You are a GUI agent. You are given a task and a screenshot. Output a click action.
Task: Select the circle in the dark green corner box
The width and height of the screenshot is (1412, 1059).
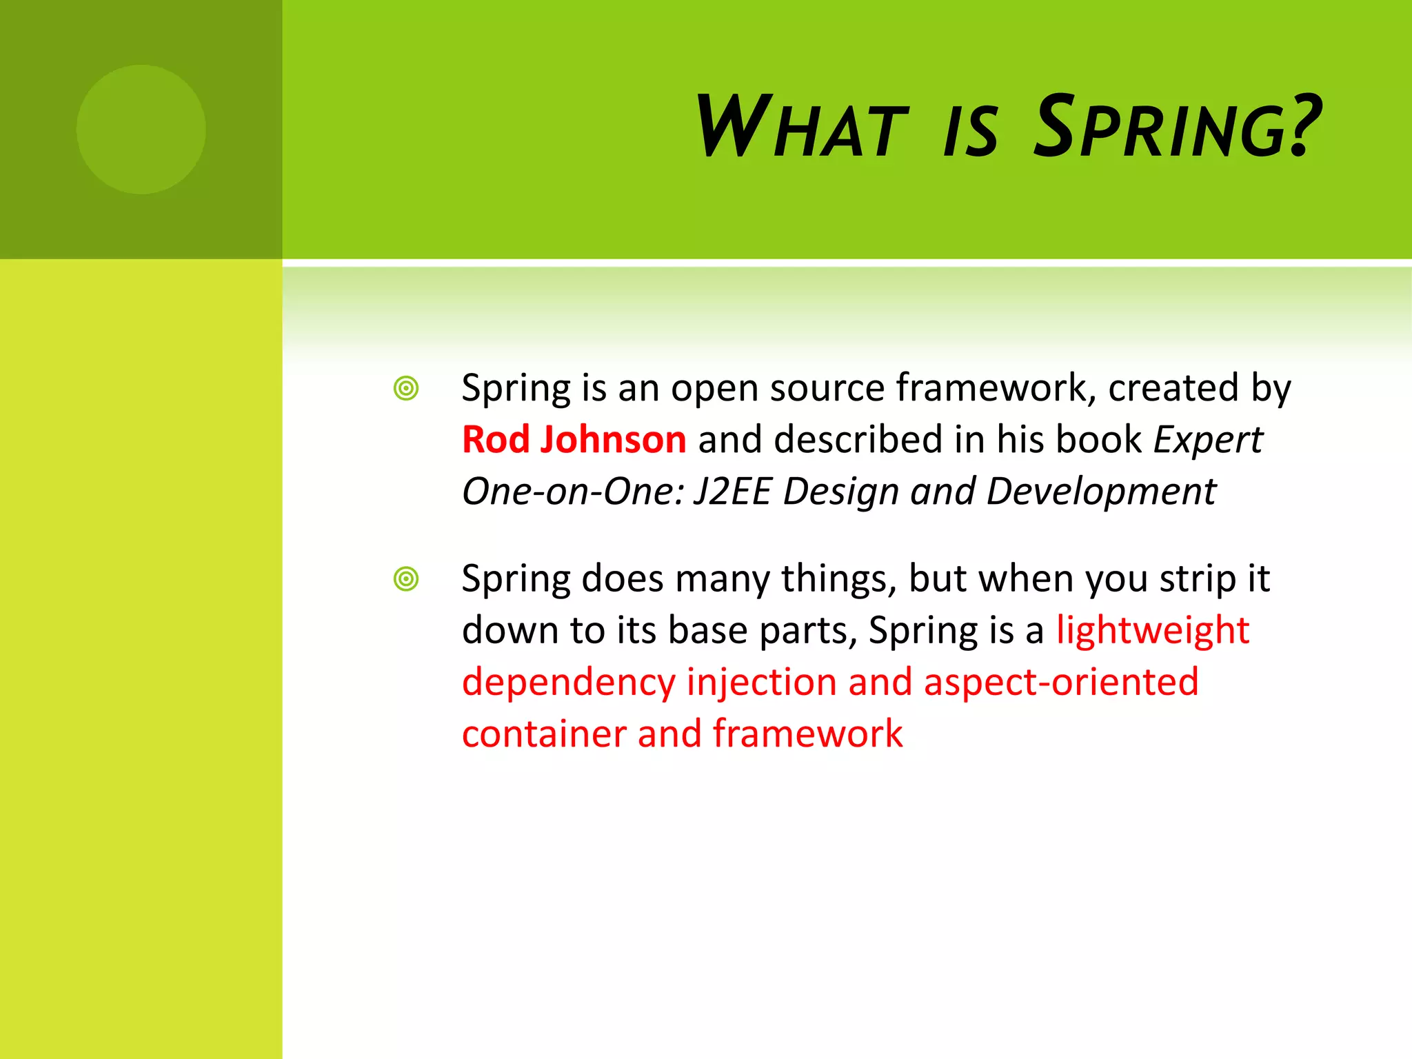[x=141, y=130]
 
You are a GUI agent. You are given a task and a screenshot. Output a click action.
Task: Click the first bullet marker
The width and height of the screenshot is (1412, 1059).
[x=406, y=389]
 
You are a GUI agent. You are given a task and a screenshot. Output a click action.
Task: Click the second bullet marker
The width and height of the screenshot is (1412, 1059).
[x=406, y=579]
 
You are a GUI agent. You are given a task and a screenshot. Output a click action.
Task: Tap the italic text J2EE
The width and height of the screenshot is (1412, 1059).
[x=732, y=492]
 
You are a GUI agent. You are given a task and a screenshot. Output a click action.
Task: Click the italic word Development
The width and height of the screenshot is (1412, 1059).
[x=1101, y=492]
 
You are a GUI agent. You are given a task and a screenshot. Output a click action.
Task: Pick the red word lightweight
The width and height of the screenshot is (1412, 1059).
[x=1153, y=631]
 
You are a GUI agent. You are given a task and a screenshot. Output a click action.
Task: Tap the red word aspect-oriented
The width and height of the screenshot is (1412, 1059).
[x=1061, y=683]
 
